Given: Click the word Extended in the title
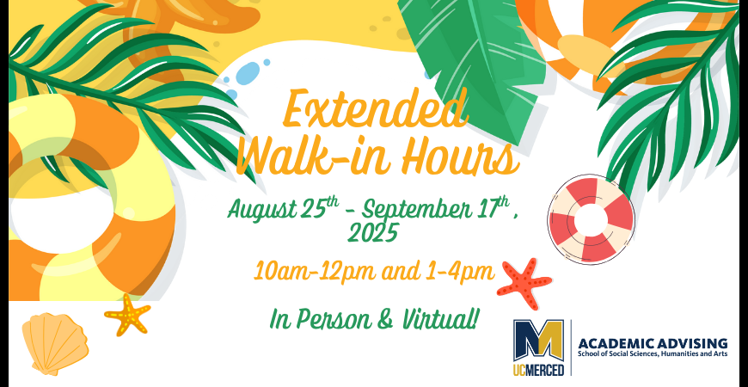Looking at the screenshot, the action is (376, 109).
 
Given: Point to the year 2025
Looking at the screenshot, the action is (372, 233).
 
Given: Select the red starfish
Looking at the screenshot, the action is (524, 283).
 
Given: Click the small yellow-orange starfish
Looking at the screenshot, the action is (127, 315).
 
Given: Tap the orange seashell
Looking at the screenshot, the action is (55, 342).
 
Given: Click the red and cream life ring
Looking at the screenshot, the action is (591, 219).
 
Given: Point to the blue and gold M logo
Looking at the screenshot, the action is (538, 341).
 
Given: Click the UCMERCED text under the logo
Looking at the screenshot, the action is (538, 369).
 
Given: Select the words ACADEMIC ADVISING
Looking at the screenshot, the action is (653, 343).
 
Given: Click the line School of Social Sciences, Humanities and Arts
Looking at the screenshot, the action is (653, 354).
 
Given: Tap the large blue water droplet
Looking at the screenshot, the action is (248, 73).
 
